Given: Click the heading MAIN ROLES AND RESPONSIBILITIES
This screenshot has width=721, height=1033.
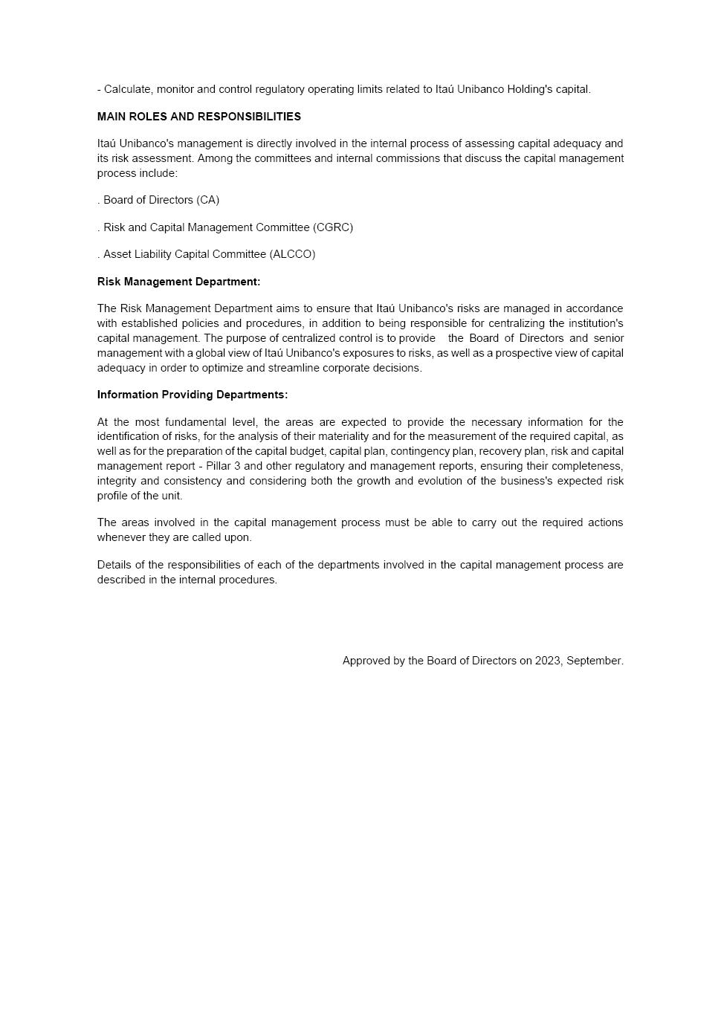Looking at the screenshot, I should coord(198,117).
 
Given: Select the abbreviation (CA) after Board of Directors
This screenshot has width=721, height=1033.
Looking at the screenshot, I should coord(208,200).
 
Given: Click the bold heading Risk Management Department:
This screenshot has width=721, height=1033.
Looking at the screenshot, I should coord(178,282).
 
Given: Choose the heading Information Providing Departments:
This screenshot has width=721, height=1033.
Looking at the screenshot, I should coord(192,395).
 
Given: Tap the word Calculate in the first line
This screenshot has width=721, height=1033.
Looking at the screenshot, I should coord(127,89).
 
